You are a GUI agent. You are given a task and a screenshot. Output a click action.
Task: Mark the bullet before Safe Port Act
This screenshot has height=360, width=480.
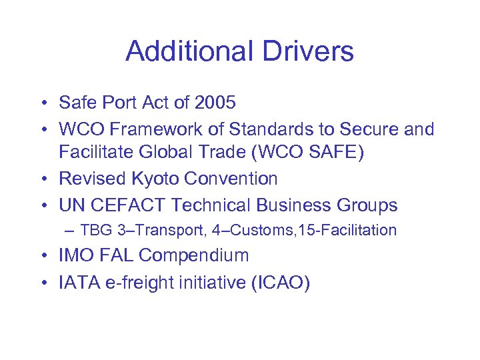pos(42,103)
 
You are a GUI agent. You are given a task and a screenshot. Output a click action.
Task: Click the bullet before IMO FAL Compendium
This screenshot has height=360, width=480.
pos(42,256)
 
